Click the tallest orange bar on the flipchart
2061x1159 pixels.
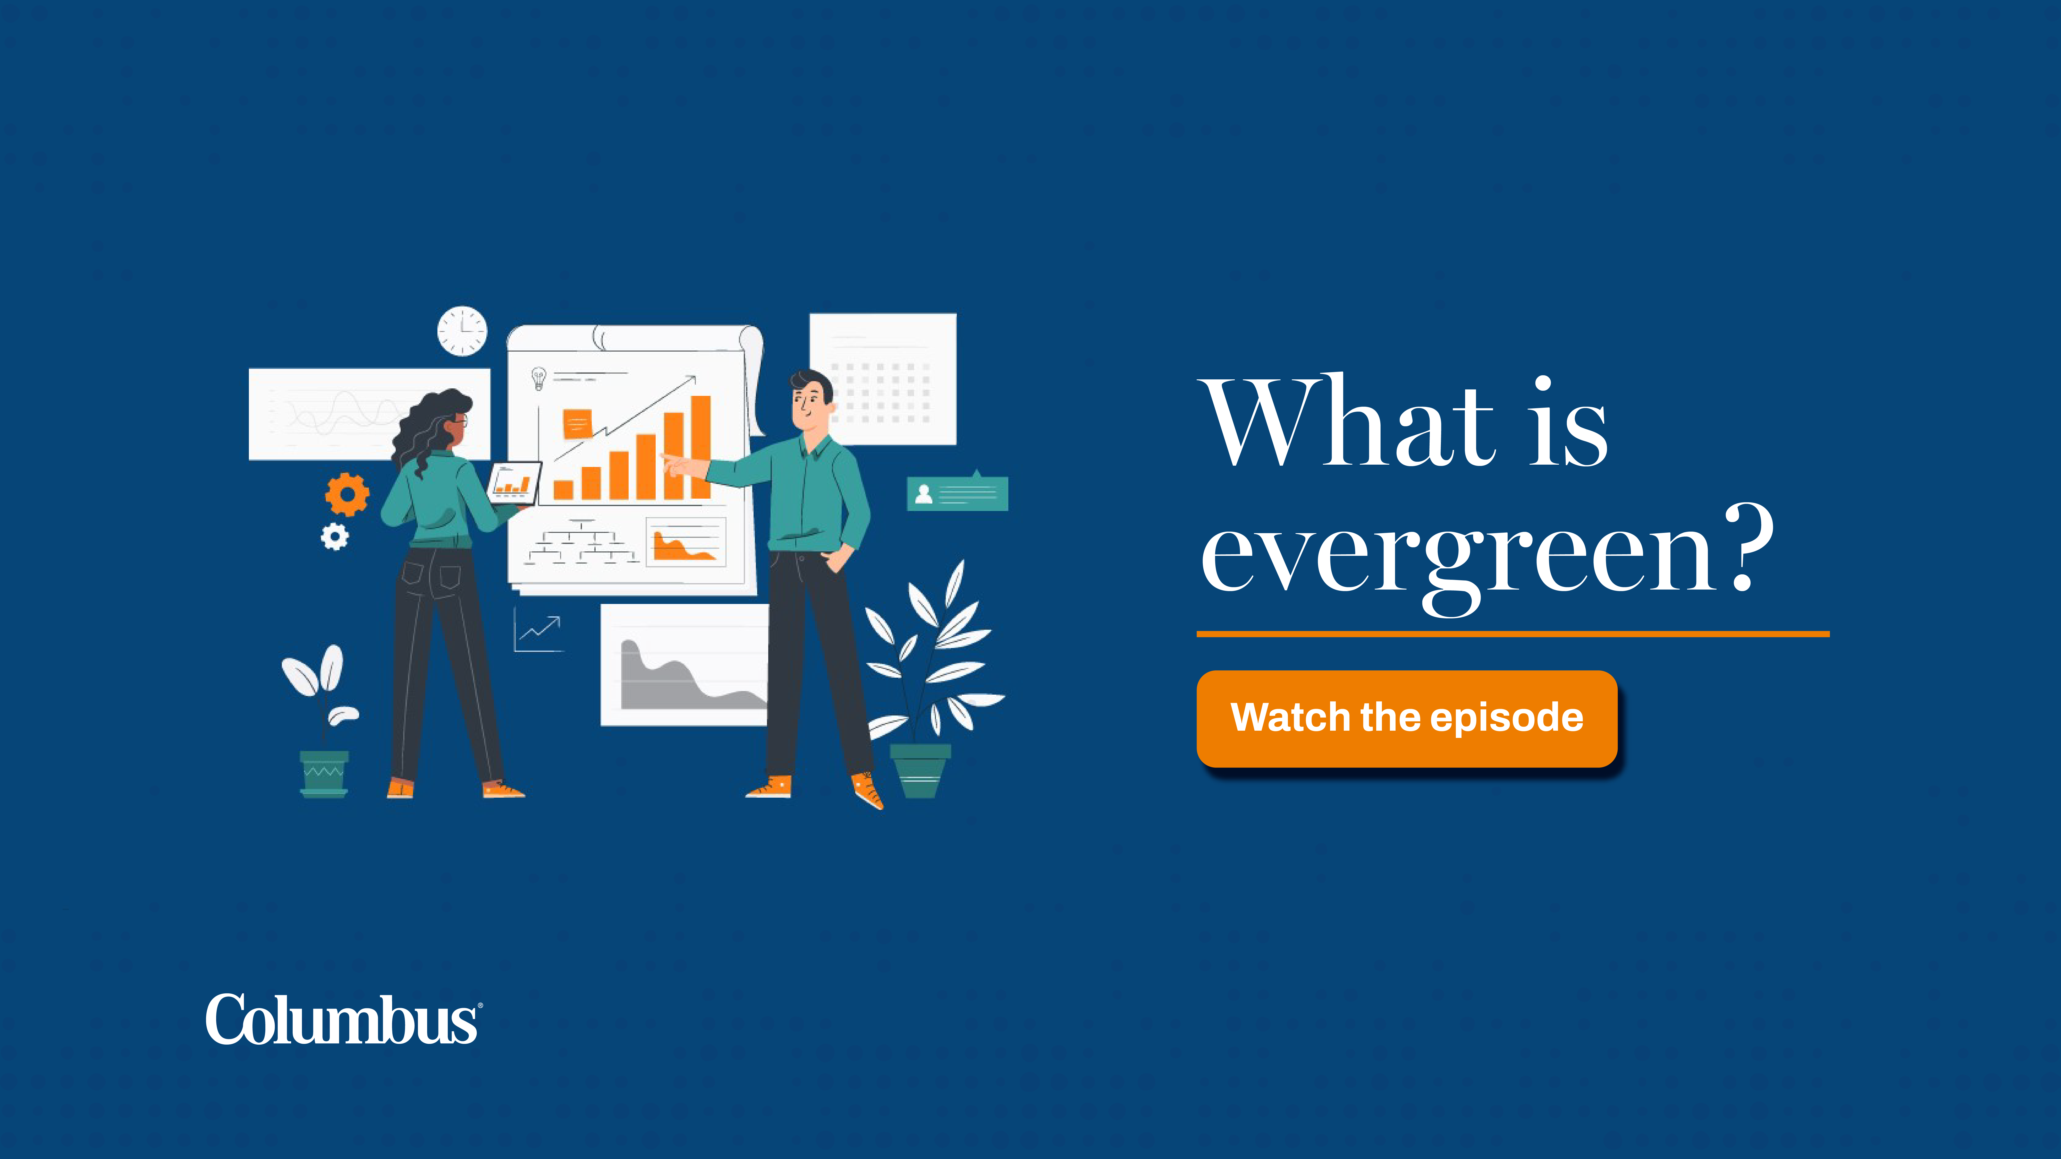tap(701, 447)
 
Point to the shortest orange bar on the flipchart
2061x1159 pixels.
tap(563, 490)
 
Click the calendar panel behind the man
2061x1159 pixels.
tap(883, 379)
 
